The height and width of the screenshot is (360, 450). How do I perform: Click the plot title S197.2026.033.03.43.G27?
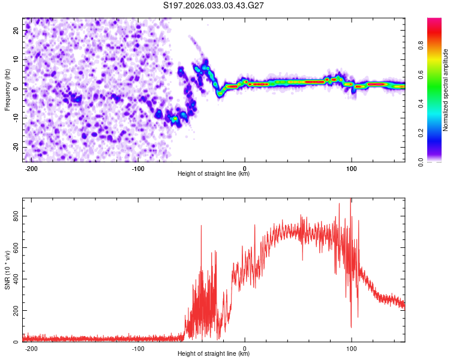[214, 6]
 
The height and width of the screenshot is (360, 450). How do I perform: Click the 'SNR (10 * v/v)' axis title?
[7, 270]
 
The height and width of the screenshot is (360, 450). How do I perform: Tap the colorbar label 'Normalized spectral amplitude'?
[446, 90]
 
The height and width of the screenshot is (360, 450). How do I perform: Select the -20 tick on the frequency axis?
[15, 146]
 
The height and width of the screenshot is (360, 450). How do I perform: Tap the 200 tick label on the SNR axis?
[16, 310]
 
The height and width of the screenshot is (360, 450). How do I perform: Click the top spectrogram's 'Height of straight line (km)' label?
[214, 174]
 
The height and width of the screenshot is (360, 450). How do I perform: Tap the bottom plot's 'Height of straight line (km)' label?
[214, 354]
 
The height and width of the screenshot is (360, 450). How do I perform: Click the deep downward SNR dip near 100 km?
[351, 327]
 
